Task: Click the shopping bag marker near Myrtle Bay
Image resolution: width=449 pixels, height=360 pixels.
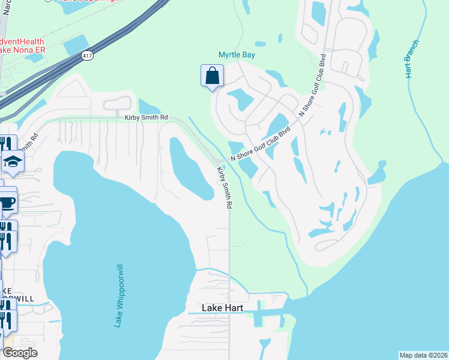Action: pyautogui.click(x=211, y=76)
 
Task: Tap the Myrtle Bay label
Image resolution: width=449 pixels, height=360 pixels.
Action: pyautogui.click(x=237, y=55)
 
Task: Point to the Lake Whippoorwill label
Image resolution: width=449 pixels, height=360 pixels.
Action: pyautogui.click(x=119, y=297)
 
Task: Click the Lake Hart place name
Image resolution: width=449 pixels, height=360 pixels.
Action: pyautogui.click(x=223, y=308)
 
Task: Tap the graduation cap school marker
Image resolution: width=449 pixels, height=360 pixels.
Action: pyautogui.click(x=12, y=161)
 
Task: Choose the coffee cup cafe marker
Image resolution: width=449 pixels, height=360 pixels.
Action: pyautogui.click(x=7, y=203)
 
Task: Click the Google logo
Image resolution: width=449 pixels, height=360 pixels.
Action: pyautogui.click(x=20, y=353)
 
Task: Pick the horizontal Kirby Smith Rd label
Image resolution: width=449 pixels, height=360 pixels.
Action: pyautogui.click(x=146, y=118)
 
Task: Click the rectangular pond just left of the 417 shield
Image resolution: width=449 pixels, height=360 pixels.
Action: pyautogui.click(x=75, y=45)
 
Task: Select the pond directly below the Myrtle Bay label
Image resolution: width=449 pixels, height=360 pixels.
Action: pyautogui.click(x=240, y=99)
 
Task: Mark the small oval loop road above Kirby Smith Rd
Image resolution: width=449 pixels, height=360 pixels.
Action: pyautogui.click(x=117, y=104)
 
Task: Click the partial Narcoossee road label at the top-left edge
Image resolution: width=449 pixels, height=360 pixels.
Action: pyautogui.click(x=5, y=9)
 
